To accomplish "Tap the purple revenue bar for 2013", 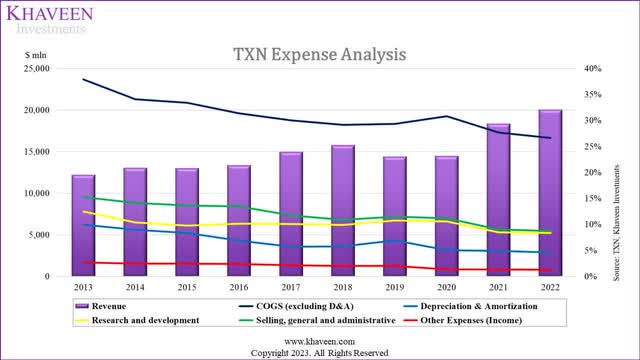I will point(83,225).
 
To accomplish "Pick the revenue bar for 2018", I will point(343,210).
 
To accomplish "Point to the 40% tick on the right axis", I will point(594,69).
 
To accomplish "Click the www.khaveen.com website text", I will point(319,340).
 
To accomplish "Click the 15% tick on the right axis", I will point(594,198).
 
